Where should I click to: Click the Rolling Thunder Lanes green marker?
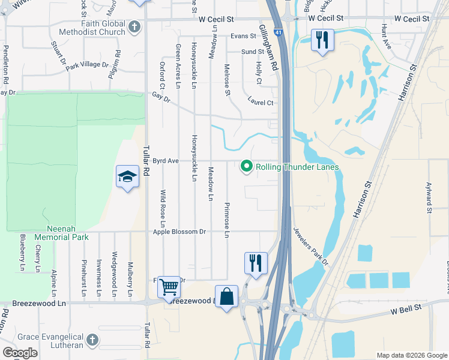246,167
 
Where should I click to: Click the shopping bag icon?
227,296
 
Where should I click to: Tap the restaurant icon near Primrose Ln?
256,263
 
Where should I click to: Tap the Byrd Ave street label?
166,161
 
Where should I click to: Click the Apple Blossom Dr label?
179,232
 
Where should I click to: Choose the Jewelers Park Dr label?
312,246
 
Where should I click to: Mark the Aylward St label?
429,197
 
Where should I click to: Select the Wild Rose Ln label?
163,205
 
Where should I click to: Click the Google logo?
20,353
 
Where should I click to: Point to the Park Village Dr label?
87,64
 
